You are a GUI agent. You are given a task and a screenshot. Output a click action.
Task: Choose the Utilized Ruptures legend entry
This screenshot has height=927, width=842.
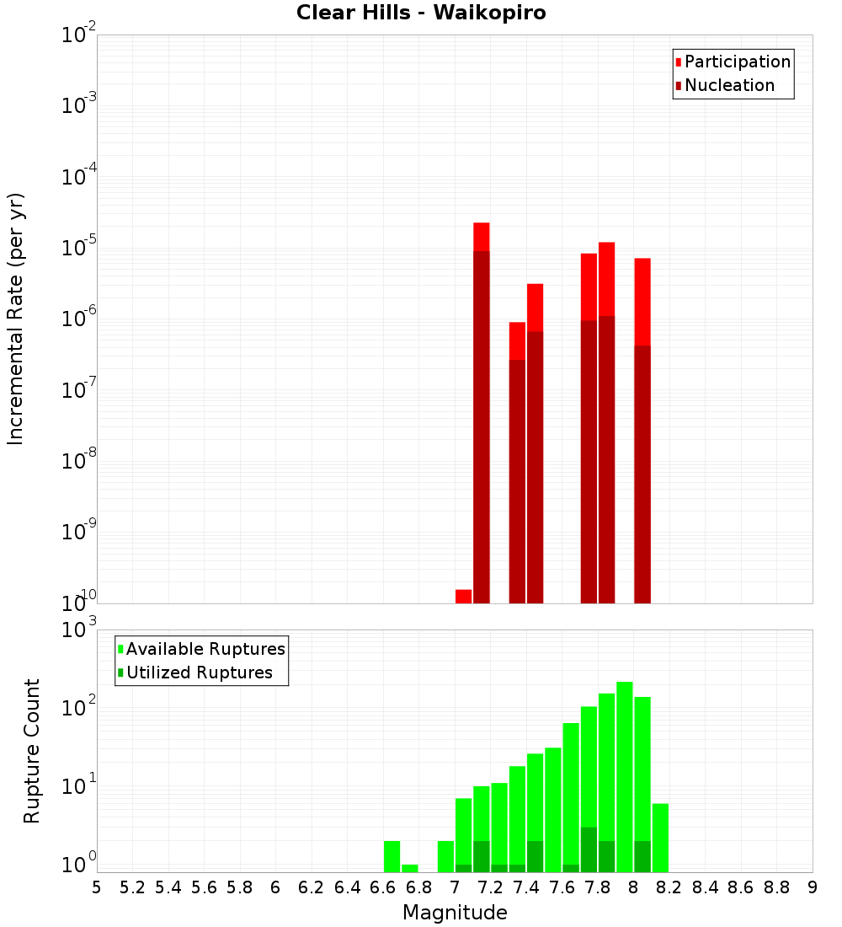click(199, 672)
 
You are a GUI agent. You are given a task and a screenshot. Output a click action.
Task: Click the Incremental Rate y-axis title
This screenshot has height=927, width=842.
click(15, 319)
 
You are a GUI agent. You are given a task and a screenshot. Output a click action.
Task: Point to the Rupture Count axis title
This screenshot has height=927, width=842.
click(32, 750)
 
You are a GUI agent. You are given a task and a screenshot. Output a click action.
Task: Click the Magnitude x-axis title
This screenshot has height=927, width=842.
click(455, 912)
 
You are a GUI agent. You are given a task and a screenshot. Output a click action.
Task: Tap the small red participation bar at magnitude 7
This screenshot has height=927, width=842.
click(463, 596)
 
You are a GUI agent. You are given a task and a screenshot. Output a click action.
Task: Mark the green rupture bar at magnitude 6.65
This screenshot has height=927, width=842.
click(392, 856)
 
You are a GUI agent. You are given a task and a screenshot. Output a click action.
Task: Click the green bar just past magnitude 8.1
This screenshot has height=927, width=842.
click(660, 838)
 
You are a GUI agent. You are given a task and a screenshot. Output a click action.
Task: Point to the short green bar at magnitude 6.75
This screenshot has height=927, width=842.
click(409, 868)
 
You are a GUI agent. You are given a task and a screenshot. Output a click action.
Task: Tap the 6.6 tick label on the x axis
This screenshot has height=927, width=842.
click(383, 887)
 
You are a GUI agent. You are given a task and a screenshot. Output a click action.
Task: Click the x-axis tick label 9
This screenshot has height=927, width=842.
click(813, 887)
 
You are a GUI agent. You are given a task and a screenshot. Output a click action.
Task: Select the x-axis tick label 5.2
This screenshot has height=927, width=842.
click(132, 887)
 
